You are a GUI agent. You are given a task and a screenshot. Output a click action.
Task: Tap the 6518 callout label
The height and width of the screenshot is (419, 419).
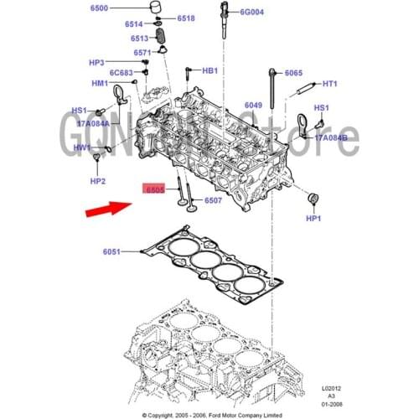(x=186, y=18)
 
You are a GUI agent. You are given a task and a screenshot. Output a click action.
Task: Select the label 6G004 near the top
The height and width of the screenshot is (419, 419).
(x=251, y=13)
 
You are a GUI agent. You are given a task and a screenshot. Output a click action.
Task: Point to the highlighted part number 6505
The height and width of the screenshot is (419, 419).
(x=153, y=190)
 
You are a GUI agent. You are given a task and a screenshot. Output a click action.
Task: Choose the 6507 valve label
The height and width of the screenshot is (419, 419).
(x=213, y=200)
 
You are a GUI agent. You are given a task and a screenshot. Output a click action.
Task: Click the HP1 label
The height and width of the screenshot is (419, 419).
(x=314, y=219)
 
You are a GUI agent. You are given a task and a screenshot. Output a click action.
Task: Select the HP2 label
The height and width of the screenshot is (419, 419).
(x=98, y=181)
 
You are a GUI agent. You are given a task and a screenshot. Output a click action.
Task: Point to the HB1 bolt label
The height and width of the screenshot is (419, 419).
(x=210, y=71)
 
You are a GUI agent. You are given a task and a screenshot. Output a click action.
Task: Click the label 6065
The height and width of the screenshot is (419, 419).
(x=293, y=73)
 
